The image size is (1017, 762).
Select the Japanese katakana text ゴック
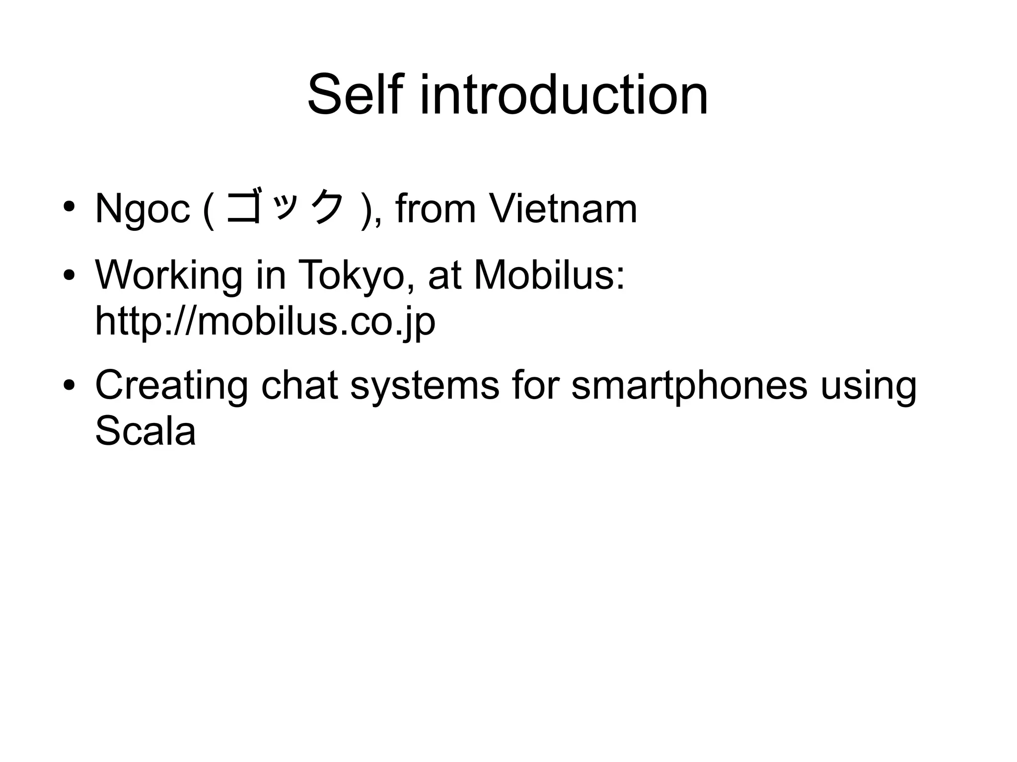285,208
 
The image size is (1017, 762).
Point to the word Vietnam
563,208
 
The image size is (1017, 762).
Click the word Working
169,276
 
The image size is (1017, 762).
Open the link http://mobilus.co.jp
265,321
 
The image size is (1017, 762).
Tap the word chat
299,385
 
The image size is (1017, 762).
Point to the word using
868,386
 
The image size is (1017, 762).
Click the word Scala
145,430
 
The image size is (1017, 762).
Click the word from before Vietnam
436,208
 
